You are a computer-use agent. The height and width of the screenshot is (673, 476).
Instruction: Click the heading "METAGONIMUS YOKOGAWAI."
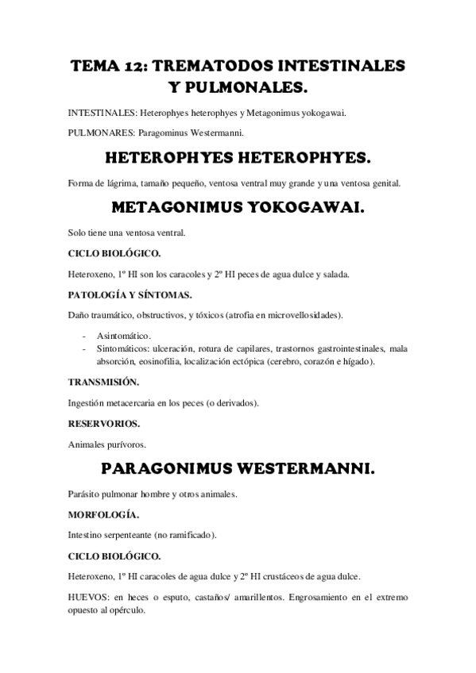point(238,209)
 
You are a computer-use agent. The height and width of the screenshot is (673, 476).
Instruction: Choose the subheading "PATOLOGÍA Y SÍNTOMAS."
point(130,295)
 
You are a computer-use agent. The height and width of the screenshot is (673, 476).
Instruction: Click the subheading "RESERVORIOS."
point(103,423)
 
